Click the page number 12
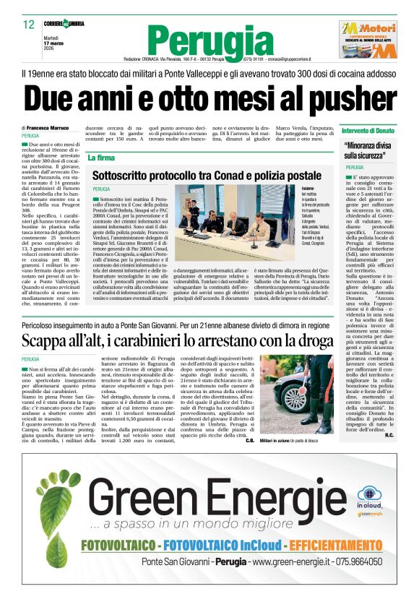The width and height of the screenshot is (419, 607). [x=28, y=25]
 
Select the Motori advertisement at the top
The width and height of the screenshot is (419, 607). [x=368, y=39]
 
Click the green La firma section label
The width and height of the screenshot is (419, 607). [x=101, y=157]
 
